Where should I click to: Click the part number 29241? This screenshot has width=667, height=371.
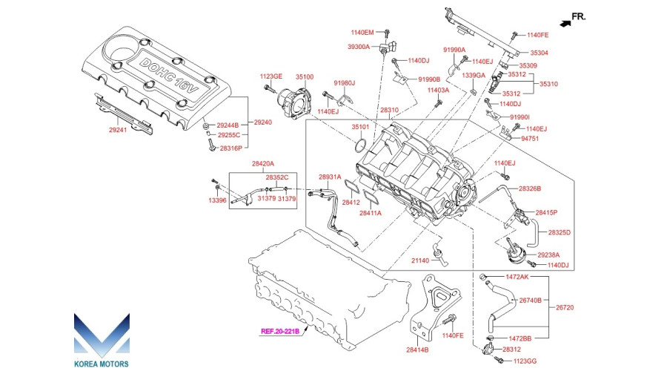coord(118,130)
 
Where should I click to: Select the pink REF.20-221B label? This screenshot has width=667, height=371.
coord(280,331)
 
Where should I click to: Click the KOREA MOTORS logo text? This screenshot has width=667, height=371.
coord(102,364)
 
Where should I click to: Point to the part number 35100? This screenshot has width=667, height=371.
coord(305,77)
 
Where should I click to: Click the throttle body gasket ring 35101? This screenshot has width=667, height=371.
coord(360,145)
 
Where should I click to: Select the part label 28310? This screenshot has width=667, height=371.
coord(389,110)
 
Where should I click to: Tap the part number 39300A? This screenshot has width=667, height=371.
coord(359,47)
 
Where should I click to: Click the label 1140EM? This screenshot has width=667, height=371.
coord(362,33)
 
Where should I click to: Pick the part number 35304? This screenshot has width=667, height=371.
coord(539,53)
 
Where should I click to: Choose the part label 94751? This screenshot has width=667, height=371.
coord(530,139)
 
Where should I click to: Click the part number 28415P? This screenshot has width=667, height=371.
coord(546,212)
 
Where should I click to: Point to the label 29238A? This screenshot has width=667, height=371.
coord(548,255)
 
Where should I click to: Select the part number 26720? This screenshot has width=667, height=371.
coord(565,307)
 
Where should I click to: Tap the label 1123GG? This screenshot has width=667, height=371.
coord(525,361)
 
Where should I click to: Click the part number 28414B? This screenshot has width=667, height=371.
coord(417,350)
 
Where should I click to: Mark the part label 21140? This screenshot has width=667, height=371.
coord(420,260)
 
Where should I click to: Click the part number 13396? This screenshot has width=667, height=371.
coord(217,200)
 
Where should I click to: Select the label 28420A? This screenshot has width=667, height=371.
coord(263,163)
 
